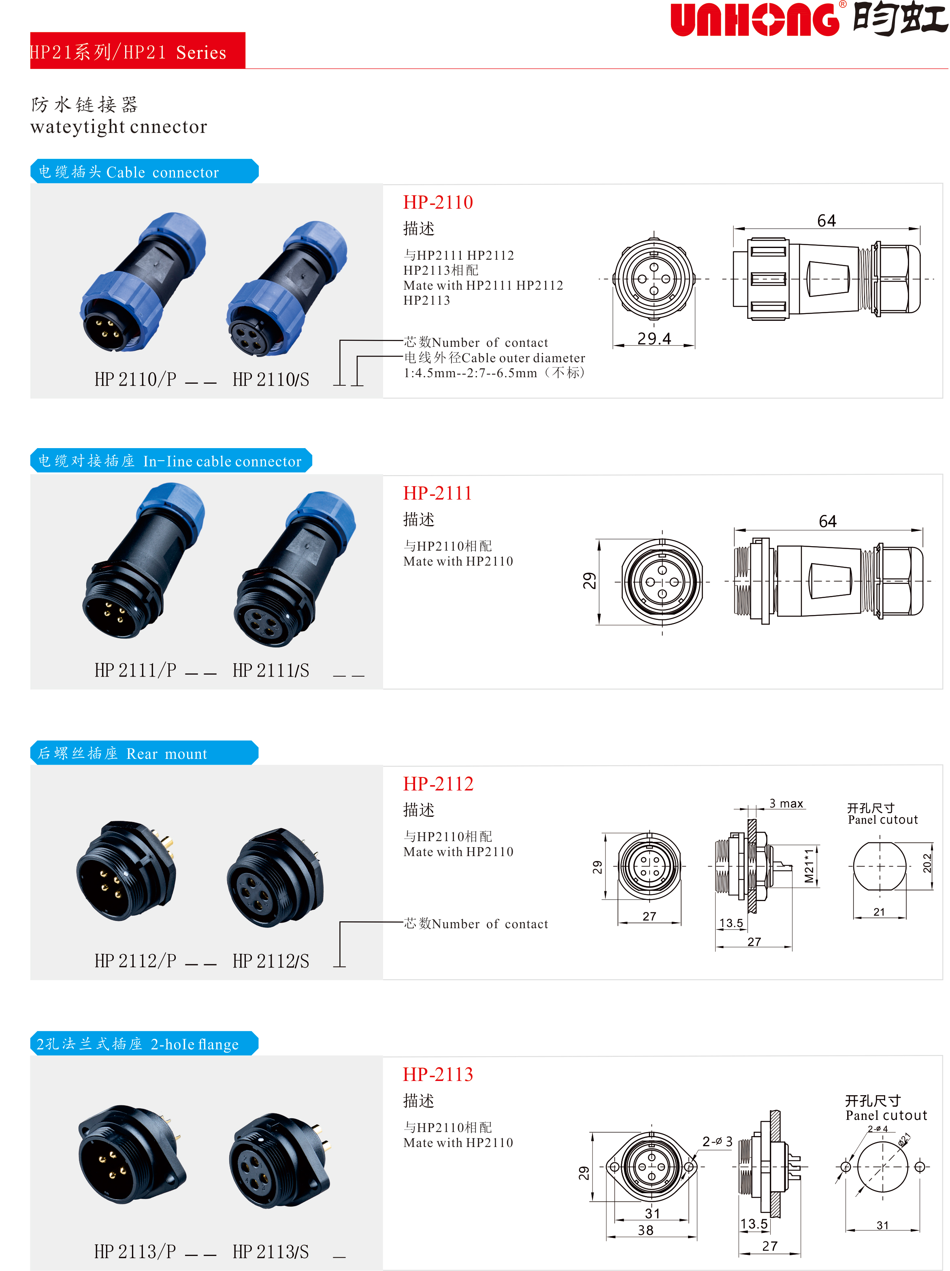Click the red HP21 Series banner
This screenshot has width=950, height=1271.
tap(137, 51)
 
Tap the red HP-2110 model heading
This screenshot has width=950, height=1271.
tap(438, 202)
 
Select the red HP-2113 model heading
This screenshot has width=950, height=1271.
tap(438, 1074)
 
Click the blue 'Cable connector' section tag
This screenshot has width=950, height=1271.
tap(144, 171)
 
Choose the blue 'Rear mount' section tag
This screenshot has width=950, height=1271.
tap(144, 753)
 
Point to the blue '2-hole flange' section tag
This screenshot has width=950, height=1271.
tap(144, 1043)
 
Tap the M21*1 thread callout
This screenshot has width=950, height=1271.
tap(809, 866)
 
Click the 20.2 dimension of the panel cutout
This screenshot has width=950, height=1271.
tap(927, 864)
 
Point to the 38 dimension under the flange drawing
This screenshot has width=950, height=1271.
tap(645, 1230)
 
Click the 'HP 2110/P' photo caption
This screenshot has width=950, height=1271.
tap(136, 379)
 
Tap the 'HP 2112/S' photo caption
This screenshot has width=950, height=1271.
tap(271, 961)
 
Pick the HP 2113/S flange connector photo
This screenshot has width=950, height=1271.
tap(280, 1161)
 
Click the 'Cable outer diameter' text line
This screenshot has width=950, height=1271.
tap(494, 358)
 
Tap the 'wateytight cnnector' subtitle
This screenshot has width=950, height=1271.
tap(119, 127)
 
